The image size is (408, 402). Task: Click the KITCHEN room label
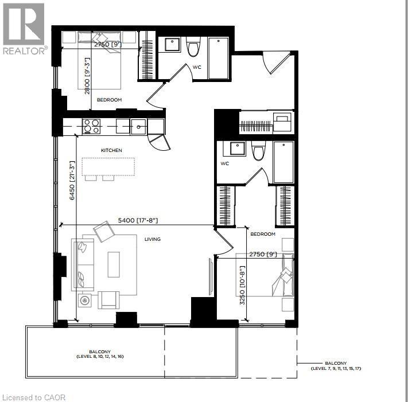coord(111,150)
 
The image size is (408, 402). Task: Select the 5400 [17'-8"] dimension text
coord(137,220)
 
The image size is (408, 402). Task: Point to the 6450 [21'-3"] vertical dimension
coord(72,180)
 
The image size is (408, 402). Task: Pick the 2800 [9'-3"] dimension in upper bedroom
coord(88,75)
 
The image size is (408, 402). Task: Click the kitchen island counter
coord(108,166)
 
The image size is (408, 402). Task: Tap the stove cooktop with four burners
coord(92,126)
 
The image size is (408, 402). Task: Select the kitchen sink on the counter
coord(138,126)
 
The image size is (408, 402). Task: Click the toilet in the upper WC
coord(193,46)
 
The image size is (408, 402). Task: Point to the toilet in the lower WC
coord(258,151)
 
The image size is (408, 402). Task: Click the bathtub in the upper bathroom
coord(219,57)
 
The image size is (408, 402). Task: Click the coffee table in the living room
coord(114,265)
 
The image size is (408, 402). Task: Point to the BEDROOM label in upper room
coord(109,100)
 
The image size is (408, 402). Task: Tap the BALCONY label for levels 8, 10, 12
coord(100,353)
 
